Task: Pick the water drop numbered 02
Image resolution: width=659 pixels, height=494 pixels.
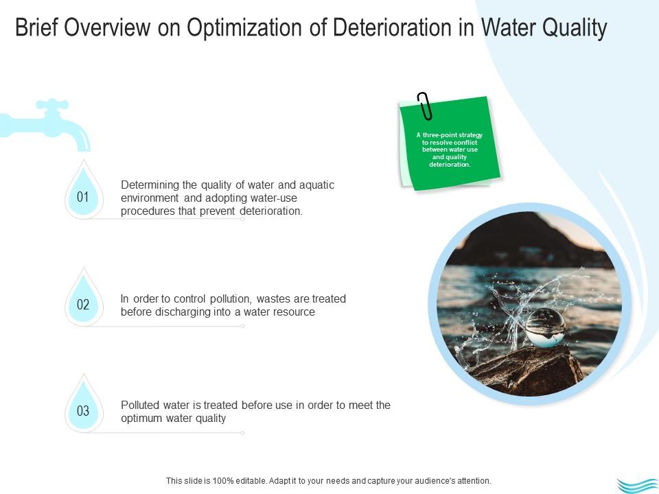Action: coord(83,305)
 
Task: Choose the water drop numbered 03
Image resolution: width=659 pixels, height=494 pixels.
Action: coord(83,412)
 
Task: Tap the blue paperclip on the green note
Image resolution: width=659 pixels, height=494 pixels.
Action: coord(425,106)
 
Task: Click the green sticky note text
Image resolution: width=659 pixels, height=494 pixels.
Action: coord(450,150)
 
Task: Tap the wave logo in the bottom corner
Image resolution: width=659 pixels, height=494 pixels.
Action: coord(637,485)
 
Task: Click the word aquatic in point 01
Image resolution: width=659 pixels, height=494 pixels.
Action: coord(316,185)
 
